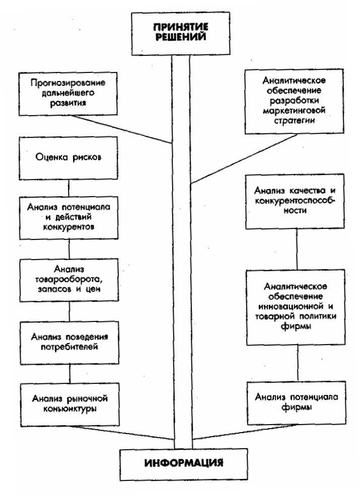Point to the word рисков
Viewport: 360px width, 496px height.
click(86, 157)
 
